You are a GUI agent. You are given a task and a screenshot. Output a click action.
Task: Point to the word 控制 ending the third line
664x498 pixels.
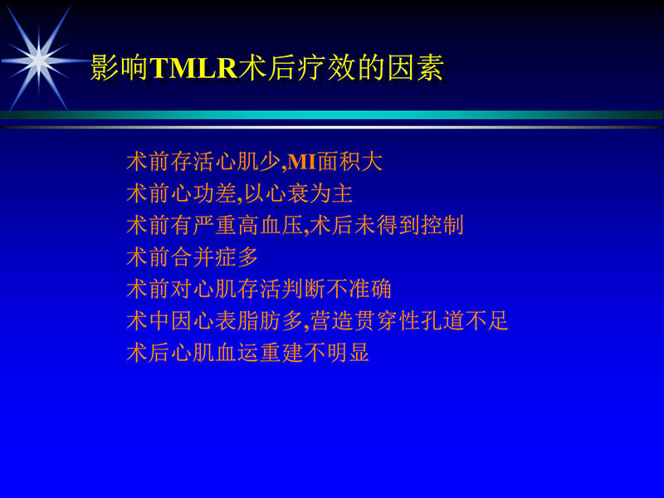point(443,225)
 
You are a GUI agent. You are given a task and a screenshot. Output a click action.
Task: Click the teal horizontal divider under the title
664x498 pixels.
point(332,115)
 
